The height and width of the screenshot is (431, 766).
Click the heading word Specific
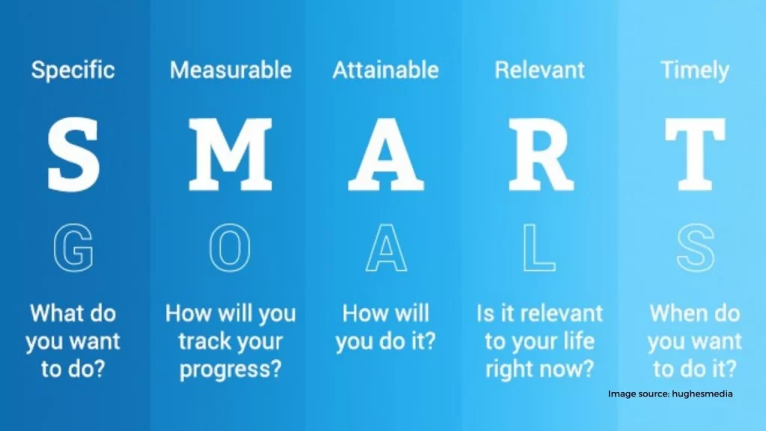73,70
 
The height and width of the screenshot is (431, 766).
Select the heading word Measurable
230,70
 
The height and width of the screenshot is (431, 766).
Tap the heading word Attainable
385,70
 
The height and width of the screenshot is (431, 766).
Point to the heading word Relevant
539,70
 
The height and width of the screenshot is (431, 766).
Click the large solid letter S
74,154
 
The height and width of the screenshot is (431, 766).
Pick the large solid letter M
230,154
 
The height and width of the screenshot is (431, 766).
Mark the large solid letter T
695,154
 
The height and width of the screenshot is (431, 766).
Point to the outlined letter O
213,247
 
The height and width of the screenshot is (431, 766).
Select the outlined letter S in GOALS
696,247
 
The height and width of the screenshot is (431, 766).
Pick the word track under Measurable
202,341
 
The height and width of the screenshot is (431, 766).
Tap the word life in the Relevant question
578,340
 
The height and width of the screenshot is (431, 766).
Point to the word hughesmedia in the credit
702,394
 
